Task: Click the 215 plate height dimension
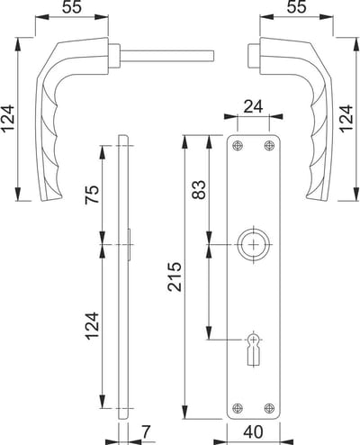point(175,277)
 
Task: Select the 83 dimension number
point(199,189)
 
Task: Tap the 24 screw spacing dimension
point(253,106)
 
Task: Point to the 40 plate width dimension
point(253,431)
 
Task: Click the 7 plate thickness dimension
point(146,431)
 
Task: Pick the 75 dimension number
point(92,195)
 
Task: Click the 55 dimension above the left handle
point(72,7)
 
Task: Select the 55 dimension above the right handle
point(296,7)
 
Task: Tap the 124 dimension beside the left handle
point(7,118)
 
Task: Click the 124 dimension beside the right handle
point(346,118)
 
